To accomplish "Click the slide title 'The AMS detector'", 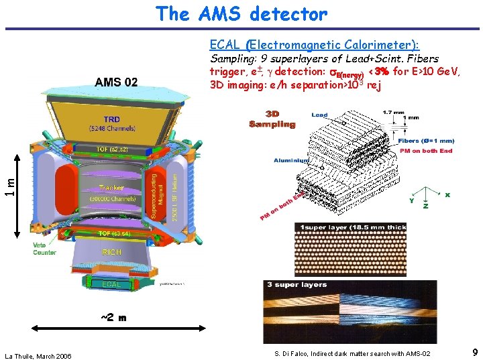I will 241,13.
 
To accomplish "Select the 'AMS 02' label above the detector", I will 117,82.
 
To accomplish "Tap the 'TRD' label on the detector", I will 111,119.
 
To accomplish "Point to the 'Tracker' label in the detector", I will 111,188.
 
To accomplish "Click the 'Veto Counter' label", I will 44,249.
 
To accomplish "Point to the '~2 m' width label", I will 113,318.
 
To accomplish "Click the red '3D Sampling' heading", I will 272,119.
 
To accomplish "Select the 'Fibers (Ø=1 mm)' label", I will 427,141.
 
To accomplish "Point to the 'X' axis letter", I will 447,195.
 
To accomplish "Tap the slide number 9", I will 474,352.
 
